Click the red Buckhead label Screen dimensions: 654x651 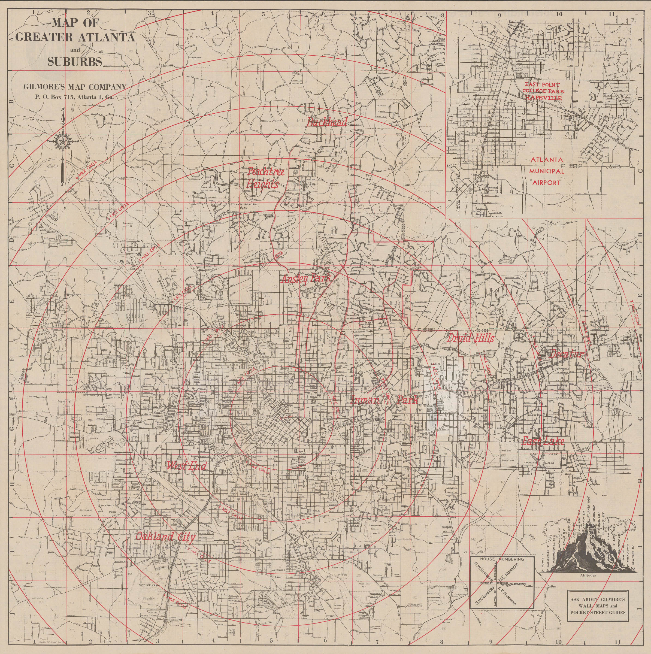326,122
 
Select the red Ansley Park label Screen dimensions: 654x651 306,278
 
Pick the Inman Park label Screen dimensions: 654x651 384,400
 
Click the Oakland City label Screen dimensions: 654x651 165,537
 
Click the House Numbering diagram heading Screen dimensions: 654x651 502,559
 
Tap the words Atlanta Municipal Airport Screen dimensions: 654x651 547,171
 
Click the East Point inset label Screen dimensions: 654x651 542,84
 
